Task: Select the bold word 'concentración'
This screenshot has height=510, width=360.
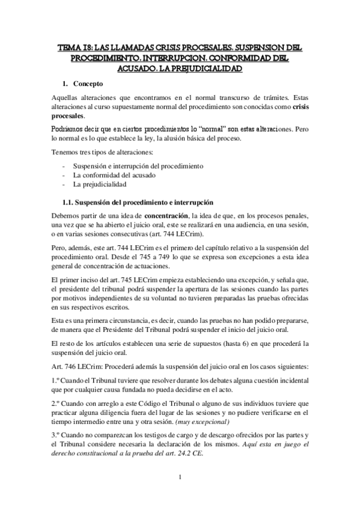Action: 164,215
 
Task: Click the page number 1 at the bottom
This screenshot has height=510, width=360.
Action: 180,478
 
